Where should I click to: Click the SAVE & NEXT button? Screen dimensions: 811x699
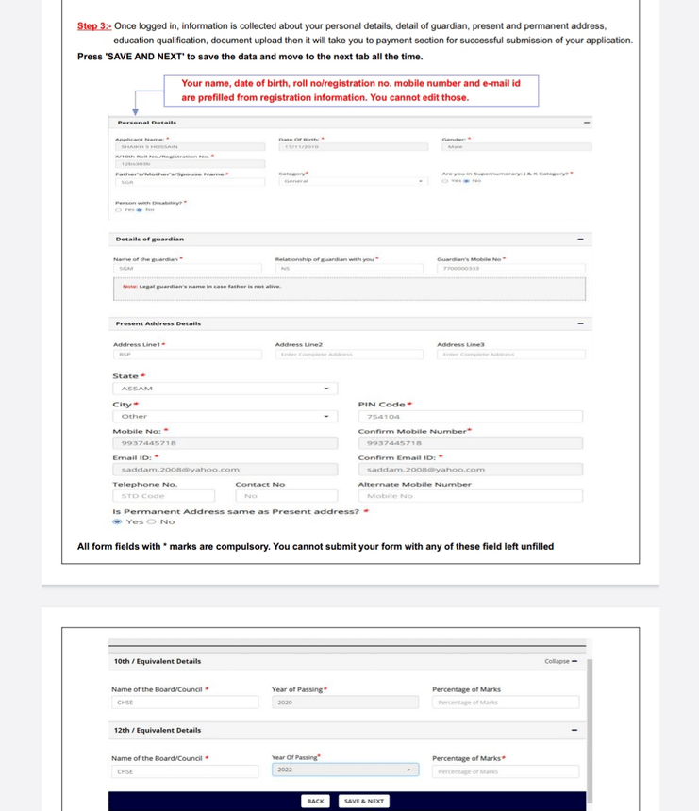[x=363, y=801]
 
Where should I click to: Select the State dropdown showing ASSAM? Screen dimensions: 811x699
[x=225, y=389]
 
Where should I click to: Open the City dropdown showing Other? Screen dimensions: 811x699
[x=225, y=416]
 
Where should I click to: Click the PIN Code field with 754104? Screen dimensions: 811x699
[x=470, y=416]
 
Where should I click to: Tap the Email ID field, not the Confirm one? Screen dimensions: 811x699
[x=225, y=469]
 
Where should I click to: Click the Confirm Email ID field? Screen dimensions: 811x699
[x=470, y=469]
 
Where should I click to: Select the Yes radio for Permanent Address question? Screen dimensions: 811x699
[x=117, y=521]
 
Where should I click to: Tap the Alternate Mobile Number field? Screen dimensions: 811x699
[x=470, y=495]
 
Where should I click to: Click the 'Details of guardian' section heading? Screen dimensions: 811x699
[x=149, y=240]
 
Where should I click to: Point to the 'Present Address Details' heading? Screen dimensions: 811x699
[x=158, y=323]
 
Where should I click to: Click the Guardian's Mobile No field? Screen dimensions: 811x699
[x=510, y=269]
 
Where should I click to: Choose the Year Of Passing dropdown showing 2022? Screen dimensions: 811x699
[x=345, y=770]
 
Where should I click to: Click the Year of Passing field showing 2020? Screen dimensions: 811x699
[x=345, y=703]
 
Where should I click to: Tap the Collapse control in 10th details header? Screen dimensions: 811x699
[x=560, y=661]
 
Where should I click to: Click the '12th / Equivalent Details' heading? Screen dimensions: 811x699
[x=157, y=730]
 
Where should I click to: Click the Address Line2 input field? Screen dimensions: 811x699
[x=349, y=355]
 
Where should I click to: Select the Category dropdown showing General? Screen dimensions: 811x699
[x=353, y=181]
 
